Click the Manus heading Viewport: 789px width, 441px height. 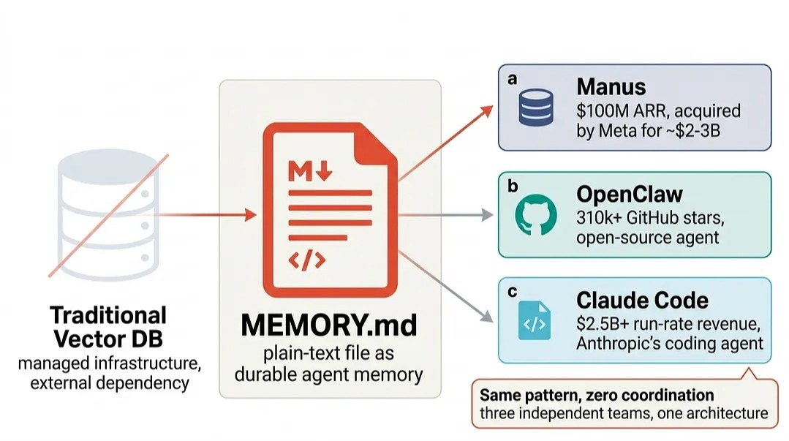[x=611, y=86]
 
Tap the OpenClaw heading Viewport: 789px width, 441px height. [x=630, y=195]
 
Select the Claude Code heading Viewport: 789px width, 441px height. [x=642, y=301]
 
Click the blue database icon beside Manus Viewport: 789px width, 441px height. [x=536, y=108]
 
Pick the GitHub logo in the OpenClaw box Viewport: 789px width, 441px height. [x=536, y=215]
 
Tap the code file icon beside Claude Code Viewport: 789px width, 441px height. [x=535, y=320]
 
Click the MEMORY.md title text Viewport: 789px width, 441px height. [x=329, y=325]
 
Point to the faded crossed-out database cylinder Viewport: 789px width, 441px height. [x=108, y=215]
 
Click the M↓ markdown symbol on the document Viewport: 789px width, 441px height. [x=310, y=170]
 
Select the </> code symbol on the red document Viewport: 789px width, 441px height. [x=307, y=260]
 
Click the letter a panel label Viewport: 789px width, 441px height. [x=513, y=79]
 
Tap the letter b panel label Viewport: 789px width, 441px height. [x=513, y=186]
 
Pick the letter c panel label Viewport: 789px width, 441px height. [x=513, y=292]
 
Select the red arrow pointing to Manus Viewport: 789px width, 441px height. [x=445, y=143]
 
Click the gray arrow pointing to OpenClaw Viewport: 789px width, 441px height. [x=445, y=215]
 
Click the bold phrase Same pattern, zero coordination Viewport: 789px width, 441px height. [x=597, y=395]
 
